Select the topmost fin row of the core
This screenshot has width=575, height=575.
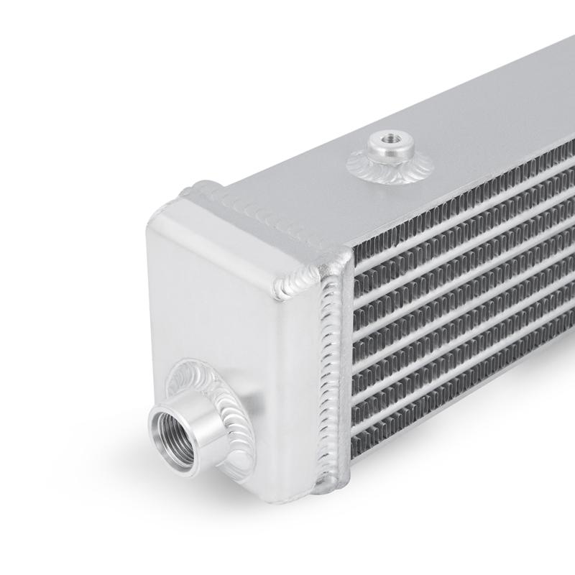point(460,187)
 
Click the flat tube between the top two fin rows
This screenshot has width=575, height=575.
point(460,202)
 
